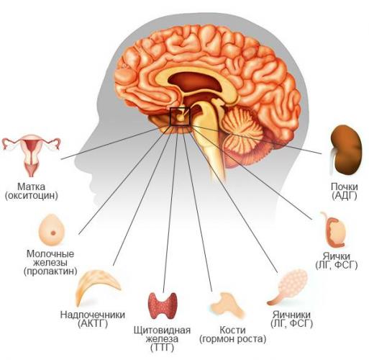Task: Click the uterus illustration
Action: (31, 153)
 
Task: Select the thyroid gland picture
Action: (163, 305)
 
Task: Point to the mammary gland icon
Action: (52, 230)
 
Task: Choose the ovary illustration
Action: (288, 286)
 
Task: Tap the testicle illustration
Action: (335, 230)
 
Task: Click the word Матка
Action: (31, 186)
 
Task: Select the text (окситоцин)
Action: (32, 196)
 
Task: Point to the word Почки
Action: (345, 186)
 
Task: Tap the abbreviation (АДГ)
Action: (345, 196)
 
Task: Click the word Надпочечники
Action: (93, 315)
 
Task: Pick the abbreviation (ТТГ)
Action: (163, 347)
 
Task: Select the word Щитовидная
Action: (163, 330)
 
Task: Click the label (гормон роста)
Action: (233, 339)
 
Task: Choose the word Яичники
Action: (291, 315)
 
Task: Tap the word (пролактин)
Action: (50, 271)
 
